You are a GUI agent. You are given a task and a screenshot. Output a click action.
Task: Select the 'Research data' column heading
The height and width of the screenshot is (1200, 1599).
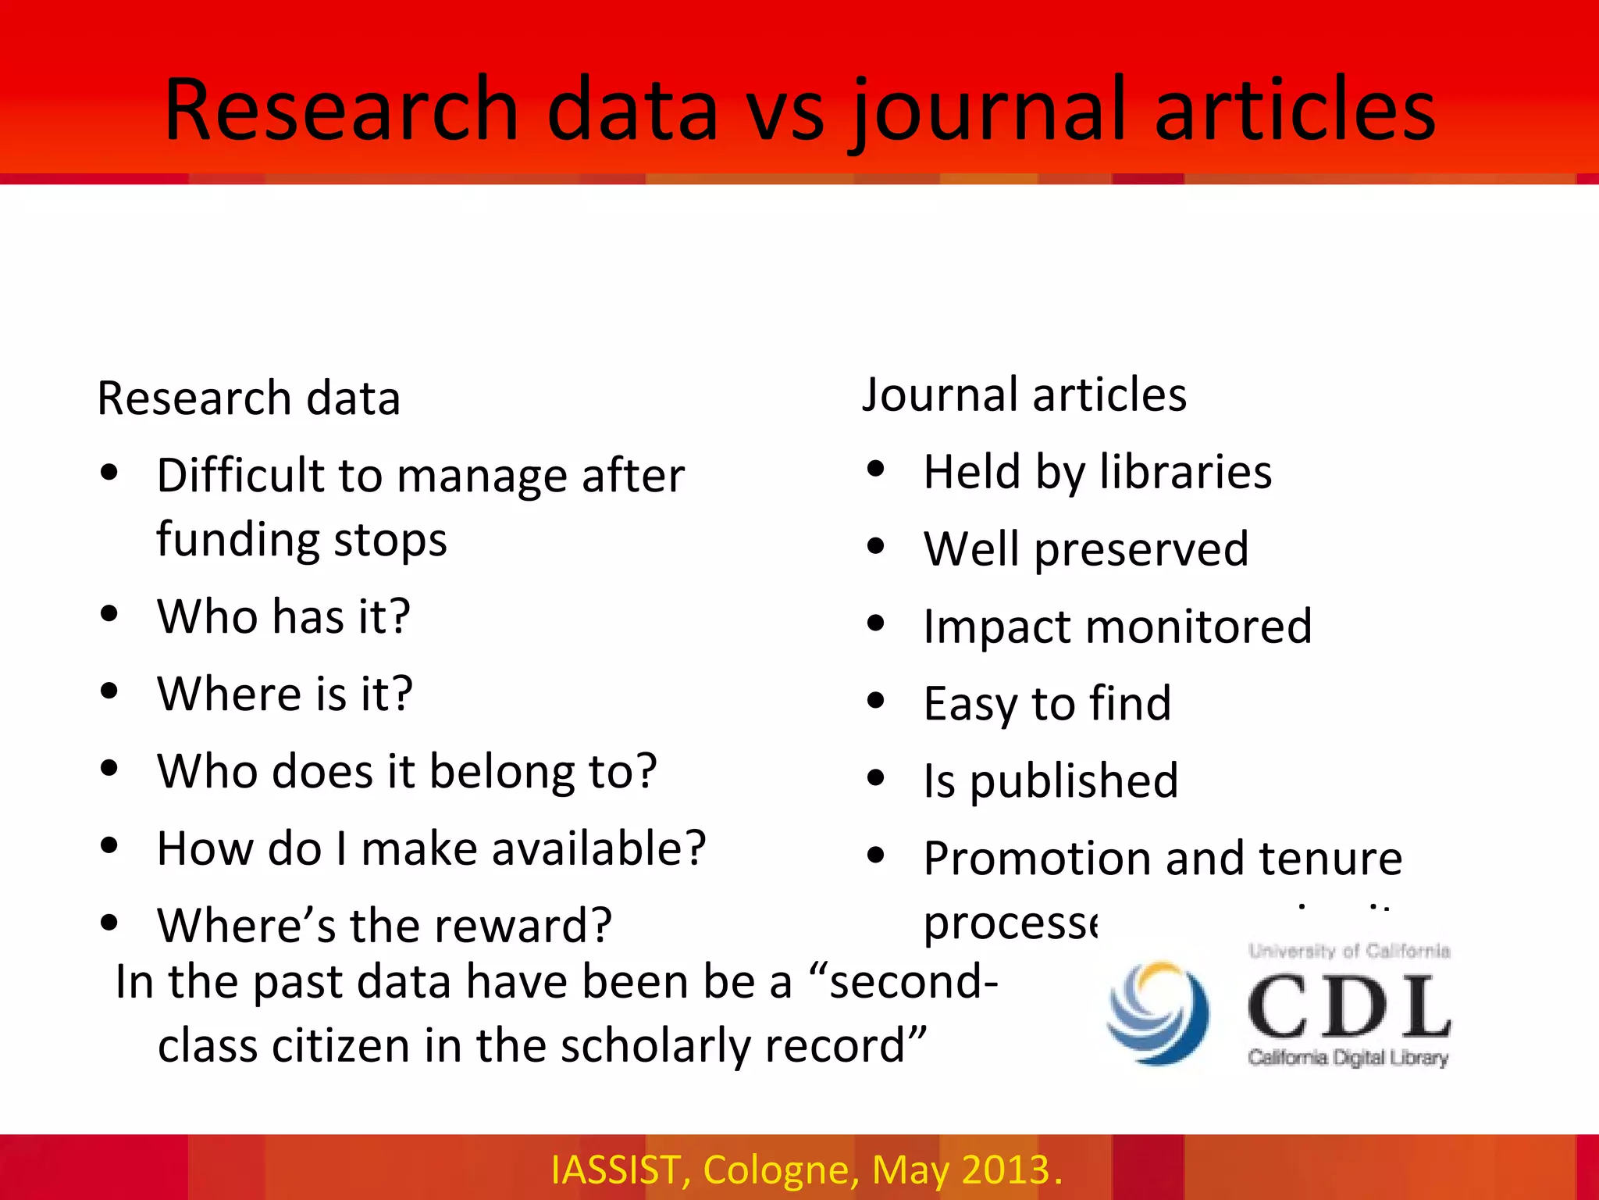[x=248, y=398]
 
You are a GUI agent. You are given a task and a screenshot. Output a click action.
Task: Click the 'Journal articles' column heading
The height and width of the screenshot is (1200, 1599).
[x=1024, y=395]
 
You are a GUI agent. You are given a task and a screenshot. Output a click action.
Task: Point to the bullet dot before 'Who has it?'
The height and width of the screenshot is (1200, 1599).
[x=109, y=614]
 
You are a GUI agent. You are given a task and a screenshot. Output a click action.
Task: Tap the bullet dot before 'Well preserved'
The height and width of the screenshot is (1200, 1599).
[x=876, y=547]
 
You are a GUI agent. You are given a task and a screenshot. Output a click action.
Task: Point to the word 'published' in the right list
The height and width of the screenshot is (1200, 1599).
[x=1074, y=781]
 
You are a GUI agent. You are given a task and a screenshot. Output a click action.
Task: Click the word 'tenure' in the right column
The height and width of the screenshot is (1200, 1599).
[x=1330, y=859]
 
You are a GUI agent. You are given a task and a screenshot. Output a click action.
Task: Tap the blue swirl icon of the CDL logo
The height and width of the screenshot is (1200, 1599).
[x=1159, y=1012]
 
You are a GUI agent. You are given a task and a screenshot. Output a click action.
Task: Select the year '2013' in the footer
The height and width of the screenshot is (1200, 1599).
[x=1006, y=1170]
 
